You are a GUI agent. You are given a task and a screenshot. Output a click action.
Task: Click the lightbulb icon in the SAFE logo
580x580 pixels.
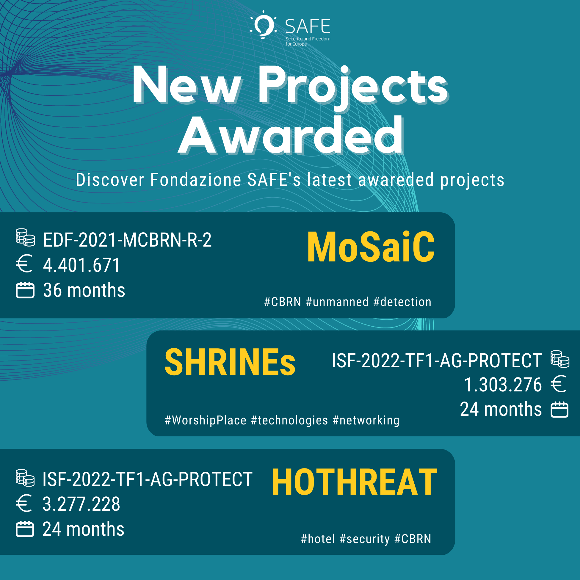tap(264, 25)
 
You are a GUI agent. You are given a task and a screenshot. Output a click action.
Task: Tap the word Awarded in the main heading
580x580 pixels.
tap(291, 136)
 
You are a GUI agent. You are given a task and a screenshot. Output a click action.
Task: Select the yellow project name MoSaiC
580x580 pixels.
tap(371, 247)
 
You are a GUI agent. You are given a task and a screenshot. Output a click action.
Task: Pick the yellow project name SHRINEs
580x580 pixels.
tap(230, 362)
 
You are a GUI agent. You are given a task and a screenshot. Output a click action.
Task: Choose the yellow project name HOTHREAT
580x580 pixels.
tap(354, 482)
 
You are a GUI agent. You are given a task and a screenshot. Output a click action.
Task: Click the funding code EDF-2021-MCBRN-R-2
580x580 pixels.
tap(127, 240)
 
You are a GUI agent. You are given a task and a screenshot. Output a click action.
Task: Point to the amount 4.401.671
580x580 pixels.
tap(82, 265)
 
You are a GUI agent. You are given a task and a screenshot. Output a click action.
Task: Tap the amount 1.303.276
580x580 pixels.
tap(503, 385)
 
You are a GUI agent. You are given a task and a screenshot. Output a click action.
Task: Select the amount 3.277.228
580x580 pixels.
tap(81, 504)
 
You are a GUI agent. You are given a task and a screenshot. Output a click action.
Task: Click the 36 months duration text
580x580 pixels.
tap(84, 290)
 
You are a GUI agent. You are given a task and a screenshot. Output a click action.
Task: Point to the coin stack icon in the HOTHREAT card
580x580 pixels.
tap(25, 478)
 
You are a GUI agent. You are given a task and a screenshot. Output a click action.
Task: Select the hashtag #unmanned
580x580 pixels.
tap(337, 302)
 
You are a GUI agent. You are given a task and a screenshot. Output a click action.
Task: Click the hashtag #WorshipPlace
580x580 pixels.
tap(206, 420)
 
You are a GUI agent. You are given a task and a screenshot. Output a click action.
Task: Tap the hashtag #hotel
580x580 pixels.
tap(318, 539)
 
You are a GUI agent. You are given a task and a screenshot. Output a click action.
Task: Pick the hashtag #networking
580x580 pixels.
tap(366, 420)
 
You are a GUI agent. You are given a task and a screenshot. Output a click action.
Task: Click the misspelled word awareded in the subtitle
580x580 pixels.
tap(396, 180)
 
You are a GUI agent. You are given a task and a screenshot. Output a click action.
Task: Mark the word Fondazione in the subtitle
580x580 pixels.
tap(196, 180)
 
